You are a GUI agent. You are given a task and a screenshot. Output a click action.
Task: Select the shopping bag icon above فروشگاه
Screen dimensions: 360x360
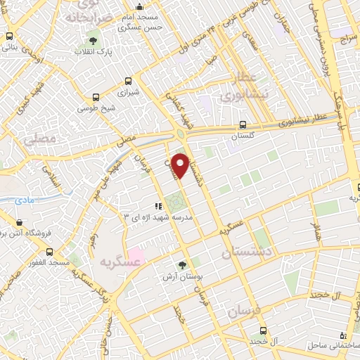point(20,222)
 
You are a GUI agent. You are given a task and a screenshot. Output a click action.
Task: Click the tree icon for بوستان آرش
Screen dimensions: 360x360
point(183,265)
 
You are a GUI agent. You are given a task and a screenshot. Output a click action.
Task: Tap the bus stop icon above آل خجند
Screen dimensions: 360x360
point(263,330)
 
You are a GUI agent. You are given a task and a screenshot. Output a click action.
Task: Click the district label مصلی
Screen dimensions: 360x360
point(39,139)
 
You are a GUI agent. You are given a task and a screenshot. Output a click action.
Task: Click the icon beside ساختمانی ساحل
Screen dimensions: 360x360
point(342,335)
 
